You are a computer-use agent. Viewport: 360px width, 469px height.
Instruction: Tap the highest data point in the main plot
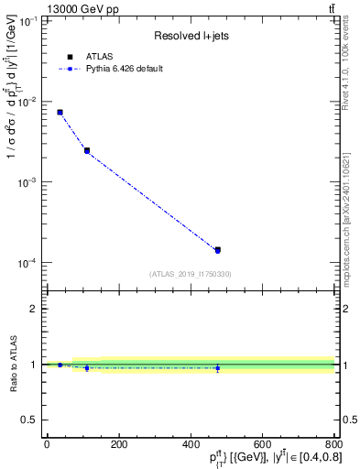click(60, 112)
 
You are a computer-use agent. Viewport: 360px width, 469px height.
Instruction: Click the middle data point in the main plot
click(87, 150)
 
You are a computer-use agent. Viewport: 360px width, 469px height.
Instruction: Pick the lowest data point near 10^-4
click(218, 249)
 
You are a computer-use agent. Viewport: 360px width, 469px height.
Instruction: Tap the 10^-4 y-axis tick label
click(30, 264)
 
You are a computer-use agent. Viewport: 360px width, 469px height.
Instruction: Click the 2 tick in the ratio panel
click(35, 309)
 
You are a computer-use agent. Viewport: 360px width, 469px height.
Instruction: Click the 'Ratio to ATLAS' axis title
click(11, 365)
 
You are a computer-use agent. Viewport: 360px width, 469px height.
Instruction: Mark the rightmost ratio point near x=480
click(218, 368)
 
